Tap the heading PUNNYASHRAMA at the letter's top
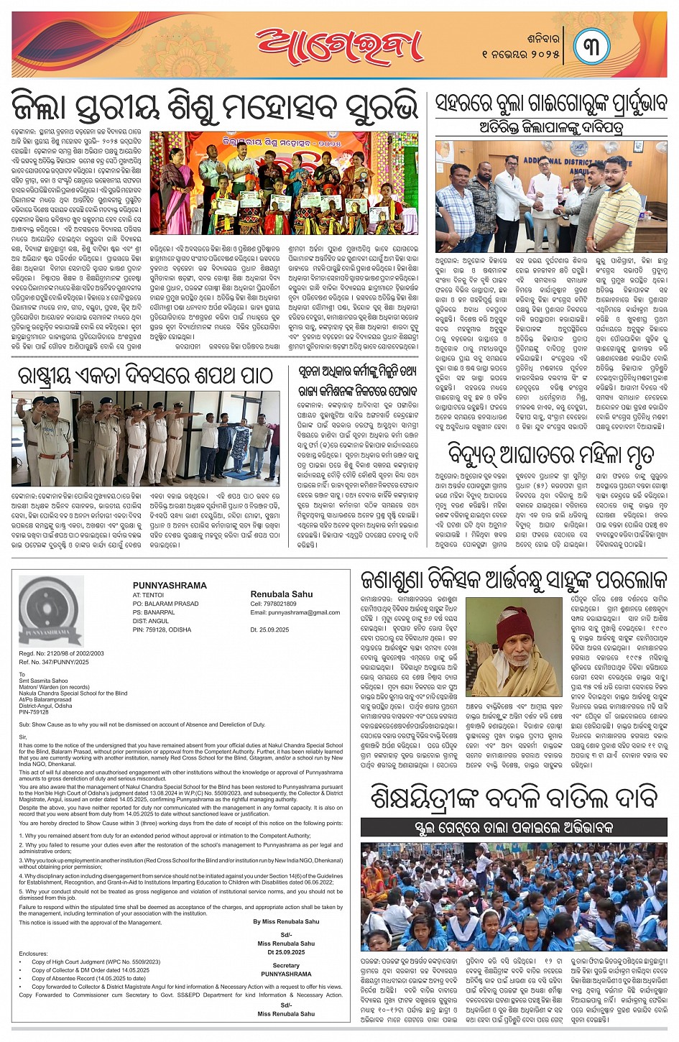tap(170, 586)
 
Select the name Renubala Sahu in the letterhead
tap(282, 594)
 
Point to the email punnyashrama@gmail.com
tap(295, 613)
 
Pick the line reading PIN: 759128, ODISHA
tap(162, 630)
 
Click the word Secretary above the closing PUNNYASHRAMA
tap(286, 966)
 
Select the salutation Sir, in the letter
tap(23, 737)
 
